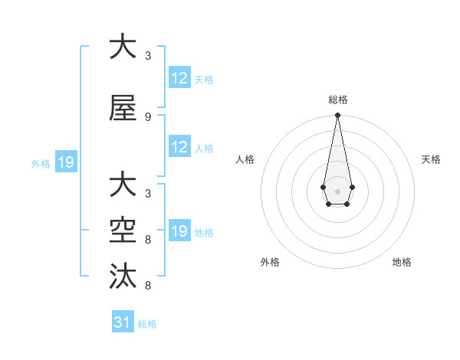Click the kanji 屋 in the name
pyautogui.click(x=123, y=109)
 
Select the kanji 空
pyautogui.click(x=123, y=229)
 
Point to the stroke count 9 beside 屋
pyautogui.click(x=147, y=117)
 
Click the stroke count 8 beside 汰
pyautogui.click(x=147, y=286)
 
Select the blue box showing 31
pyautogui.click(x=123, y=322)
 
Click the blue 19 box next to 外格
pyautogui.click(x=65, y=162)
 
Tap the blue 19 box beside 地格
pyautogui.click(x=179, y=231)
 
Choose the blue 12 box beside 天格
pyautogui.click(x=179, y=78)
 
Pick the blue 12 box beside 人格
pyautogui.click(x=179, y=147)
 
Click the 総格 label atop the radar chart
pyautogui.click(x=337, y=100)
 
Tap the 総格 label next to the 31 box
pyautogui.click(x=147, y=324)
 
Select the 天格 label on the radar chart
pyautogui.click(x=432, y=159)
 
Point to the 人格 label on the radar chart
pyautogui.click(x=245, y=159)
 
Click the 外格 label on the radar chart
pyautogui.click(x=270, y=262)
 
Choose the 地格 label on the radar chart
pyautogui.click(x=402, y=262)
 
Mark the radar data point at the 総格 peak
pyautogui.click(x=337, y=116)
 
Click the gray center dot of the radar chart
pyautogui.click(x=337, y=190)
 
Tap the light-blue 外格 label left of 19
pyautogui.click(x=41, y=163)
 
